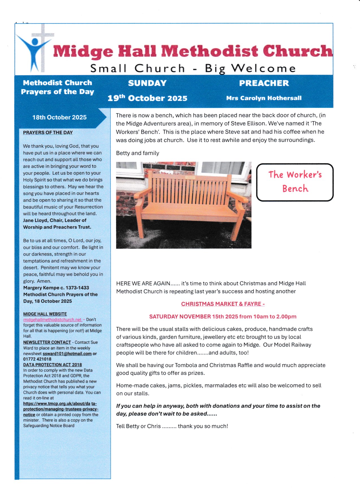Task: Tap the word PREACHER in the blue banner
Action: (264, 83)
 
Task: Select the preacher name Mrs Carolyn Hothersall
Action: (264, 98)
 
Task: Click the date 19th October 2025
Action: (147, 98)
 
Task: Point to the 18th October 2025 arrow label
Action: (59, 117)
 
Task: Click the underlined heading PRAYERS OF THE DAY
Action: (48, 133)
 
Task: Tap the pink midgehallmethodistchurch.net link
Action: (53, 320)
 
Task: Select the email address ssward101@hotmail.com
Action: (67, 353)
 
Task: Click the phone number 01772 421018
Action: (37, 359)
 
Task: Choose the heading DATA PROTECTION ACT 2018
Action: (53, 365)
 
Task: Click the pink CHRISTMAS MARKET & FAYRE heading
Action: (223, 304)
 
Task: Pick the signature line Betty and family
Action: (138, 153)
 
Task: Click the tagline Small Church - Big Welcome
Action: (193, 68)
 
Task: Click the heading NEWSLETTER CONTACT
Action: (47, 342)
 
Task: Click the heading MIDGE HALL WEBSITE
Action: (45, 314)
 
